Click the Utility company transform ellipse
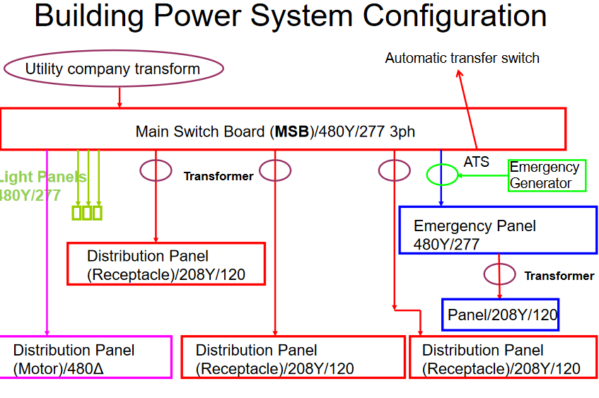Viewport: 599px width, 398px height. pyautogui.click(x=113, y=69)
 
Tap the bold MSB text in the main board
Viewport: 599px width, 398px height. pyautogui.click(x=292, y=131)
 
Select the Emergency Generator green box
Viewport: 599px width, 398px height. pyautogui.click(x=547, y=175)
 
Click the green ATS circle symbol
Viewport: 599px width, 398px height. pyautogui.click(x=442, y=174)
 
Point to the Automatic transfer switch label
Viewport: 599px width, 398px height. pyautogui.click(x=462, y=58)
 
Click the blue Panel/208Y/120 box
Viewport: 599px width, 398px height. pyautogui.click(x=501, y=315)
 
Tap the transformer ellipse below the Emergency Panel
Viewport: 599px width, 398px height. pyautogui.click(x=499, y=274)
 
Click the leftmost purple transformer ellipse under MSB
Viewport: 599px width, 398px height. pyautogui.click(x=156, y=170)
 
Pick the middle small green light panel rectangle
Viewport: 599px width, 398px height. pyautogui.click(x=87, y=213)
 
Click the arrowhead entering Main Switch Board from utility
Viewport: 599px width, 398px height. pyautogui.click(x=120, y=105)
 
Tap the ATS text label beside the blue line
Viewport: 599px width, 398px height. pyautogui.click(x=476, y=162)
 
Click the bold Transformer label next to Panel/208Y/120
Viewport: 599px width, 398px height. pyautogui.click(x=559, y=276)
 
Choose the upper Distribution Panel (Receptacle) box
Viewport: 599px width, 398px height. pyautogui.click(x=166, y=264)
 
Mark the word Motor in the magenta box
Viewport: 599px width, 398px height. pyautogui.click(x=40, y=368)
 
